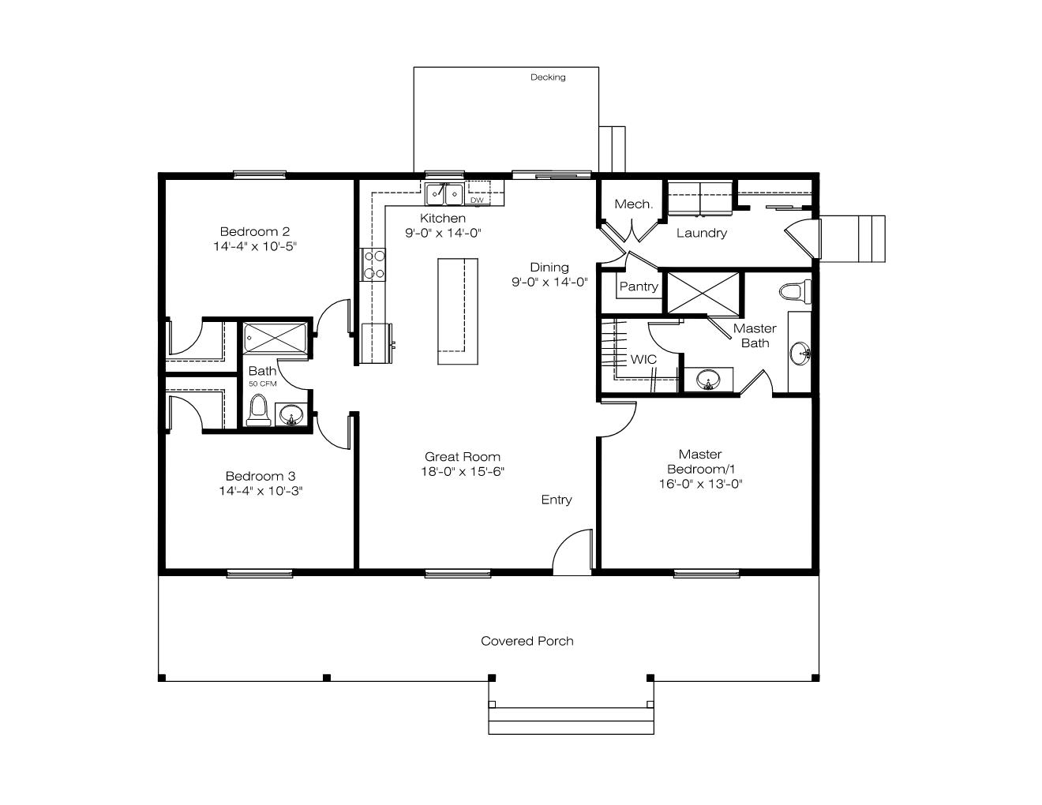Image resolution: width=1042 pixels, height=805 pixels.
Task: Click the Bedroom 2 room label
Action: [255, 231]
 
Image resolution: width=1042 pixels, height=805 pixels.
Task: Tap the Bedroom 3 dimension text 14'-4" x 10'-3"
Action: [260, 491]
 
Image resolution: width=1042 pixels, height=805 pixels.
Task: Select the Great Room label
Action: [463, 457]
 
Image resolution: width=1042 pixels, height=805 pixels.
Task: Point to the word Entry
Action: [557, 500]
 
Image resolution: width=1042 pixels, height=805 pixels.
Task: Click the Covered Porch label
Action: [527, 641]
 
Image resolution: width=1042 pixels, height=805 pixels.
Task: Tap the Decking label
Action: [548, 77]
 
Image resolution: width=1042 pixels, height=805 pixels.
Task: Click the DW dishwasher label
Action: [477, 200]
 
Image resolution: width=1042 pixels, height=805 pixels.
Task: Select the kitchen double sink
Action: [444, 194]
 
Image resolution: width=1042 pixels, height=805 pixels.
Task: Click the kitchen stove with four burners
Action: [373, 264]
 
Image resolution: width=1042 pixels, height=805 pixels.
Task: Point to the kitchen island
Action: [458, 312]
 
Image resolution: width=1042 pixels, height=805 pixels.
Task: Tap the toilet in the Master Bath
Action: [795, 292]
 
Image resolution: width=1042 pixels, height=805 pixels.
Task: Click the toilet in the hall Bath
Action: [258, 410]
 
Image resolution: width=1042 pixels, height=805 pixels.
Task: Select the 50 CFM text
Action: [263, 384]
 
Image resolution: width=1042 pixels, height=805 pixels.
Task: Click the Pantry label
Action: [639, 286]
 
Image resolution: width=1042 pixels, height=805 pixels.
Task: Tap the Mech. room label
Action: [633, 204]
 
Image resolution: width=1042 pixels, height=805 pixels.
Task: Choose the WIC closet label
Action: [643, 360]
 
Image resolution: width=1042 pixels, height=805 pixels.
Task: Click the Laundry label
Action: [702, 233]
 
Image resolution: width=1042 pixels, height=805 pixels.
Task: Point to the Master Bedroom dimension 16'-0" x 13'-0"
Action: [700, 484]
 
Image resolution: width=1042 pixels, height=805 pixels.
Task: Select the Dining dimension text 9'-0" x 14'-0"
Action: [549, 282]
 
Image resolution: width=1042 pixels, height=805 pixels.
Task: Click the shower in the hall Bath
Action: [275, 338]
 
